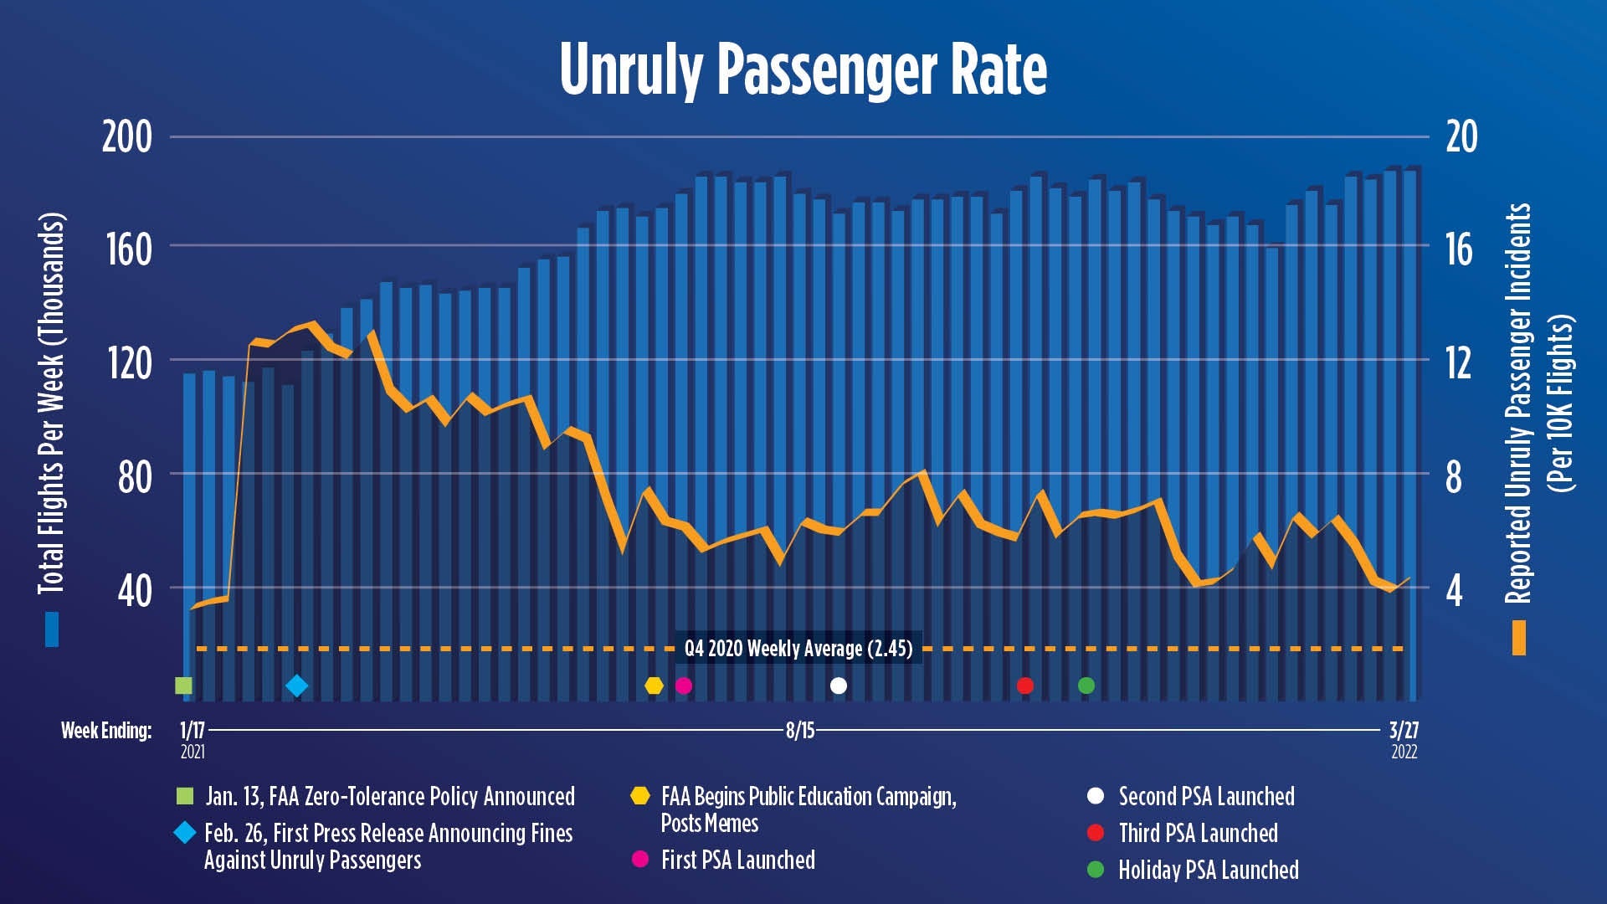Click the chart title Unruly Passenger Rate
[803, 70]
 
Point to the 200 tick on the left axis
[127, 137]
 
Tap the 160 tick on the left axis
[129, 249]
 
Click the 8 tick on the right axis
[1454, 477]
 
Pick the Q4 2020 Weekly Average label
[798, 649]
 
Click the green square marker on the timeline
[183, 686]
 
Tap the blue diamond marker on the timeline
[296, 686]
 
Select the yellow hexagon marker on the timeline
[654, 686]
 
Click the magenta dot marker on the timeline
[684, 686]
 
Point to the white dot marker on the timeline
[839, 686]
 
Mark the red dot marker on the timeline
[1025, 686]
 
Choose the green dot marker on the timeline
[1086, 686]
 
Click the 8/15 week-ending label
[799, 731]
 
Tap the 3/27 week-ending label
[1404, 731]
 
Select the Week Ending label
[106, 731]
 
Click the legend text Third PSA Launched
[1198, 834]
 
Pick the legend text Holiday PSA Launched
[1208, 871]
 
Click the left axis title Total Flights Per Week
[52, 403]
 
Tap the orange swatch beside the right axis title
[1519, 638]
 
